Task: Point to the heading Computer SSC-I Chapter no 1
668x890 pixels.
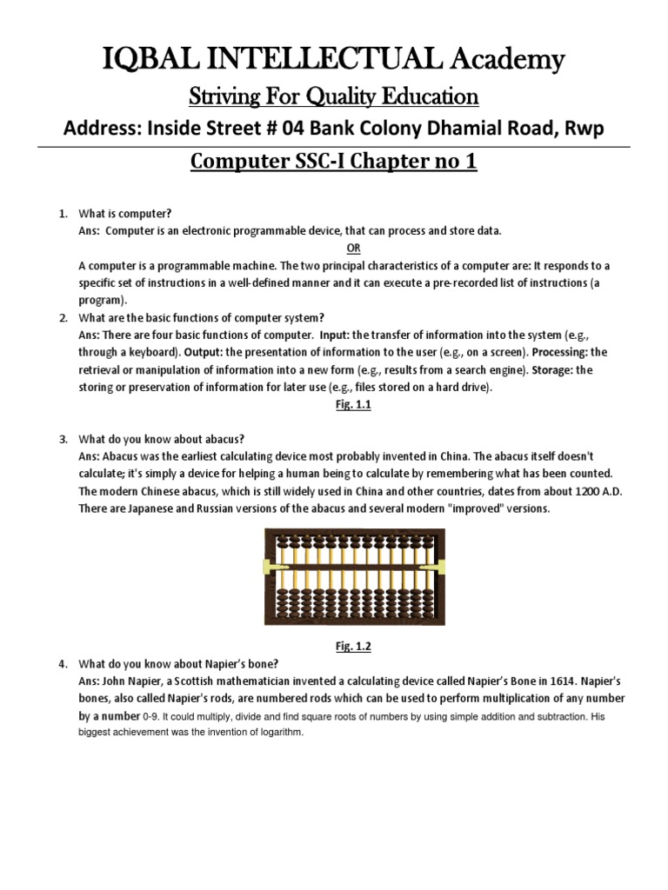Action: pyautogui.click(x=333, y=163)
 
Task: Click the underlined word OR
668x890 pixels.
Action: pyautogui.click(x=334, y=248)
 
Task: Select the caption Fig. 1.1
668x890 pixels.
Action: pyautogui.click(x=333, y=404)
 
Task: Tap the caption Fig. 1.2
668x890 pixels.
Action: pyautogui.click(x=333, y=646)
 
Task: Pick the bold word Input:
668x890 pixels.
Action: pyautogui.click(x=334, y=335)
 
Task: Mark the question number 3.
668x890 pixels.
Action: pyautogui.click(x=63, y=439)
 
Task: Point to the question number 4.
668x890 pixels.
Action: pyautogui.click(x=63, y=665)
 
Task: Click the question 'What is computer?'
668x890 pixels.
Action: pyautogui.click(x=125, y=213)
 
